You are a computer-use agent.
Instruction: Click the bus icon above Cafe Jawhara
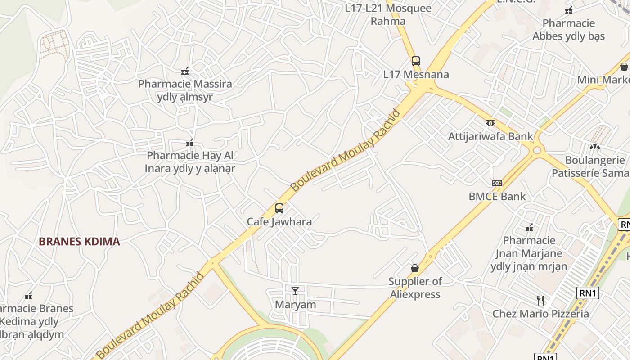279,208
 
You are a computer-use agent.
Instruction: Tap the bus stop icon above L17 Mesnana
415,61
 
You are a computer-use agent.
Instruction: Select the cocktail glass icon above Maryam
295,291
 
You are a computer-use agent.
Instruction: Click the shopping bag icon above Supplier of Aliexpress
415,268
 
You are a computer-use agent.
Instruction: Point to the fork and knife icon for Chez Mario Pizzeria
540,300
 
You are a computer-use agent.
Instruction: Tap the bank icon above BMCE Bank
497,183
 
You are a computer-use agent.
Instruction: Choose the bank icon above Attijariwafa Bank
490,123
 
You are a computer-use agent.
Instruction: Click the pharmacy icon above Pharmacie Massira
185,71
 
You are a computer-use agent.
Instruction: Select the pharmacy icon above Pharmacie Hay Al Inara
190,143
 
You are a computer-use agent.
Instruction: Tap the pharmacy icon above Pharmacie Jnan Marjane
529,227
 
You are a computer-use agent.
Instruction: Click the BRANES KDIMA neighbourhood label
79,242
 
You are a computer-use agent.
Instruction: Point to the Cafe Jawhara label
279,222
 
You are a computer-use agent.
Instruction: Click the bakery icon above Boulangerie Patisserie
594,147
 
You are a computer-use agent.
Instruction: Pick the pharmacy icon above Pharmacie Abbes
569,10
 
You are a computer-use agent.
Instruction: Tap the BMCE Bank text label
497,197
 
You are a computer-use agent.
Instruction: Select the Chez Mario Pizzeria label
540,314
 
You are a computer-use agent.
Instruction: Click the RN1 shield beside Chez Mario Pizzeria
588,293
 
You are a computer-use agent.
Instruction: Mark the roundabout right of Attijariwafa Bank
536,150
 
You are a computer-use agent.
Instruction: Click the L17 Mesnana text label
416,75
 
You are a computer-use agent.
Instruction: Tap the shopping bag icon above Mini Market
624,67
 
